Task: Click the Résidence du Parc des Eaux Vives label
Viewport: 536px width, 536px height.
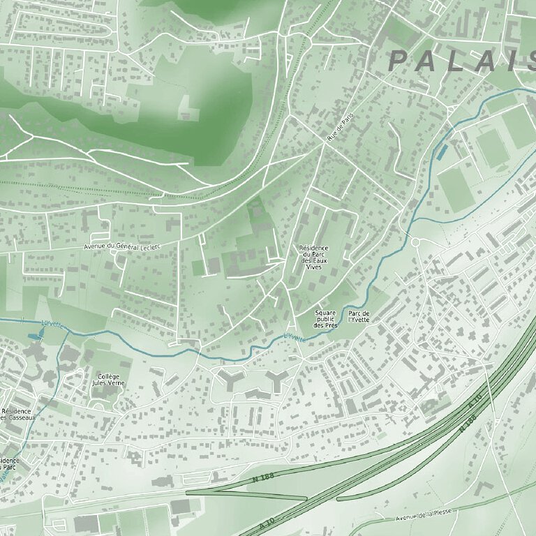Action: (x=313, y=258)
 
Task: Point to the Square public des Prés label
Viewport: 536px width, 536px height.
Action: (x=326, y=319)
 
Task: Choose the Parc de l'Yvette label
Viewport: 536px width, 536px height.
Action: (x=358, y=316)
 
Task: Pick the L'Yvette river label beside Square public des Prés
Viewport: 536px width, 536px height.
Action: (x=295, y=337)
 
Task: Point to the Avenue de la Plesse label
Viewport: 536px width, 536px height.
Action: (x=424, y=515)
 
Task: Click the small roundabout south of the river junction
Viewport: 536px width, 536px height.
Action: (x=416, y=242)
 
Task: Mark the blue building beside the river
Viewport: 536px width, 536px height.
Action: (x=442, y=151)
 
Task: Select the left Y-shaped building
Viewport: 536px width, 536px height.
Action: (x=230, y=380)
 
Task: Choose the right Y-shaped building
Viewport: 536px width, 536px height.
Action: (x=277, y=380)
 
